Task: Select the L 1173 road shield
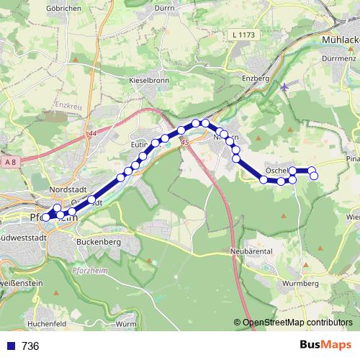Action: click(244, 35)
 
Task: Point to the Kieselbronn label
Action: click(149, 80)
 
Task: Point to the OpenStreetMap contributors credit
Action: click(297, 322)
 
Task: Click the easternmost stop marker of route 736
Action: click(314, 176)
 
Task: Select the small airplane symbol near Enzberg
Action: click(285, 87)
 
